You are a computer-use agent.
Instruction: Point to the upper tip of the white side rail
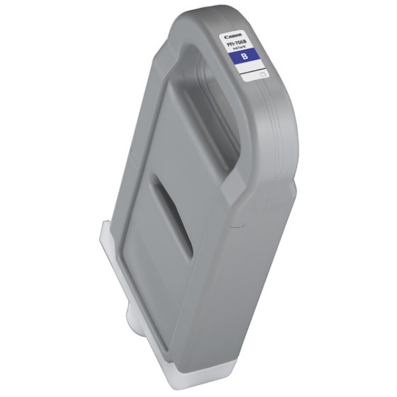(x=106, y=225)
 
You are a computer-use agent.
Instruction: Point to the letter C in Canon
(x=226, y=36)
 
